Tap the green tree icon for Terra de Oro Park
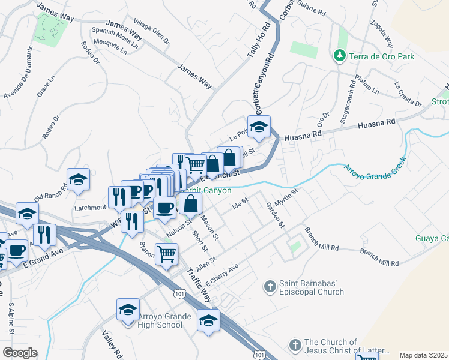339,56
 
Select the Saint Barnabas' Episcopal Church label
311,287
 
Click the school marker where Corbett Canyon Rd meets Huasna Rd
259,127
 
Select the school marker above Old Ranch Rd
78,179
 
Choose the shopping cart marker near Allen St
166,253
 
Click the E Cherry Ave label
222,274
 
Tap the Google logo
20,353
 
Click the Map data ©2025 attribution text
423,355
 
